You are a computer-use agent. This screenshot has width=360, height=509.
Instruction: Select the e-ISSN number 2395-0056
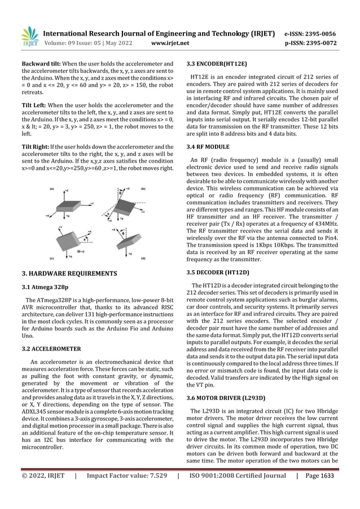(327, 33)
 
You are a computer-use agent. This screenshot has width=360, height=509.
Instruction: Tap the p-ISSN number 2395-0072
(327, 42)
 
